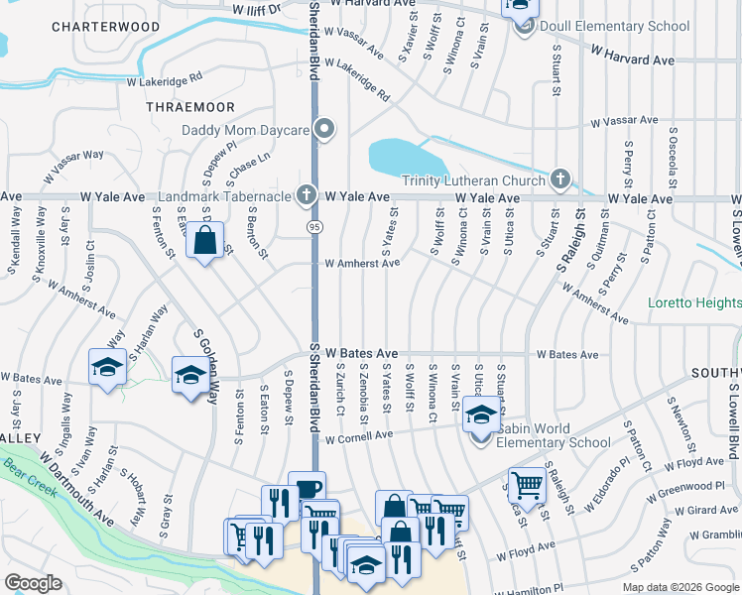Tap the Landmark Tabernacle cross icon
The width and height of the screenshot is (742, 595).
point(308,195)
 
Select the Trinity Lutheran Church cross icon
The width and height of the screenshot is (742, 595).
point(560,179)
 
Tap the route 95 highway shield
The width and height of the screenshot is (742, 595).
point(312,226)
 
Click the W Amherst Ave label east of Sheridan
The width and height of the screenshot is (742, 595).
point(362,264)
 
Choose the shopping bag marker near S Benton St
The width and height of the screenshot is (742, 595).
point(204,241)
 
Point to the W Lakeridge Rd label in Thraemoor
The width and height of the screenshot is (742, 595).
point(164,74)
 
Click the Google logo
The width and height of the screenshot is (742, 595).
point(33,583)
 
